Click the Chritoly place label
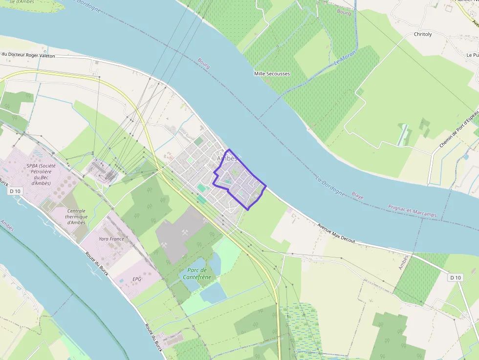(423, 34)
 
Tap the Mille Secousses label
(272, 74)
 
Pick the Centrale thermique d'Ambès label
(76, 216)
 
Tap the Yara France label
(111, 239)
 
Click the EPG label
(137, 279)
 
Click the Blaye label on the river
(357, 195)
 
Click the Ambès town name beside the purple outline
(227, 159)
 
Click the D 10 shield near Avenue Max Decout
(455, 277)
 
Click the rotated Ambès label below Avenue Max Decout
(403, 262)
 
